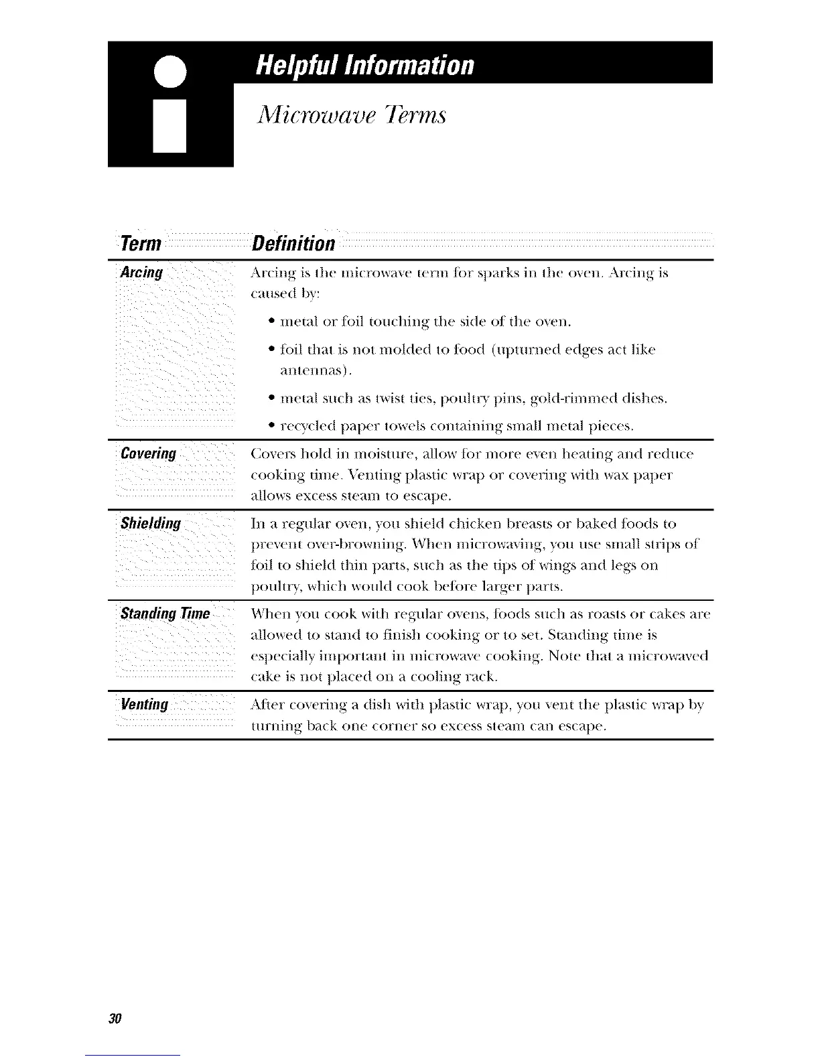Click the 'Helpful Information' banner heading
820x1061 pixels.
[365, 66]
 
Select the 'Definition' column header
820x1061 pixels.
[293, 244]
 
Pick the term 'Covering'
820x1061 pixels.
[149, 454]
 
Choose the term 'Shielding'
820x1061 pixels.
[151, 523]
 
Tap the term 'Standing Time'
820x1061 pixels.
[165, 614]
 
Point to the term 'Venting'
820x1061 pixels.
[145, 705]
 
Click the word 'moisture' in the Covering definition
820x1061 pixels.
[328, 455]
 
